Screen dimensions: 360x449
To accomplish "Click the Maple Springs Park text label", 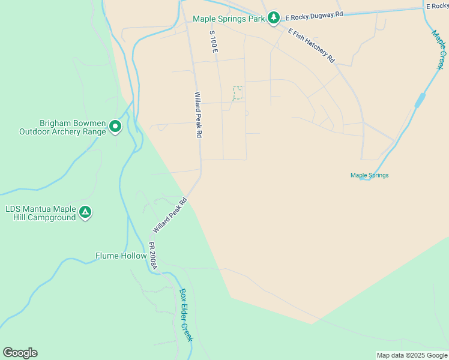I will click(x=229, y=19).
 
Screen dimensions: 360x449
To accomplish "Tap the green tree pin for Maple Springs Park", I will click(x=274, y=18).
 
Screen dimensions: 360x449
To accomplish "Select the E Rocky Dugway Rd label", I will click(x=314, y=15).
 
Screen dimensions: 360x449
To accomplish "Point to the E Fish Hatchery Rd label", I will click(x=311, y=46).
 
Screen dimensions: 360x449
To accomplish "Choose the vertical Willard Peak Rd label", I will click(x=197, y=115).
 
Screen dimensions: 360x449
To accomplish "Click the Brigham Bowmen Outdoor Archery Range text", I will click(x=63, y=127).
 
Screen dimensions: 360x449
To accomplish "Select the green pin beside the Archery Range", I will click(x=115, y=127).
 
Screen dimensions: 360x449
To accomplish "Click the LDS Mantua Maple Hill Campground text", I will click(x=40, y=213).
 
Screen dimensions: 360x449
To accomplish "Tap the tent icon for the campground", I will click(x=86, y=212).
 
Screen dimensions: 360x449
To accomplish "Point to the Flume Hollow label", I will click(x=121, y=256).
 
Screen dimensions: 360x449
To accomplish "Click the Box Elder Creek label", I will click(x=187, y=316).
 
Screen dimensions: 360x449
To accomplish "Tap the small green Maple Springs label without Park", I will click(x=370, y=175).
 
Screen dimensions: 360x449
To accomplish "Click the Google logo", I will click(x=20, y=353).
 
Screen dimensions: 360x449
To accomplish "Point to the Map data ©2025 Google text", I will click(x=412, y=355).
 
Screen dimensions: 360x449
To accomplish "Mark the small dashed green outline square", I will click(x=238, y=92).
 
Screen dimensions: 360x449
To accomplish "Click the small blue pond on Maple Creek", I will click(x=420, y=101).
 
